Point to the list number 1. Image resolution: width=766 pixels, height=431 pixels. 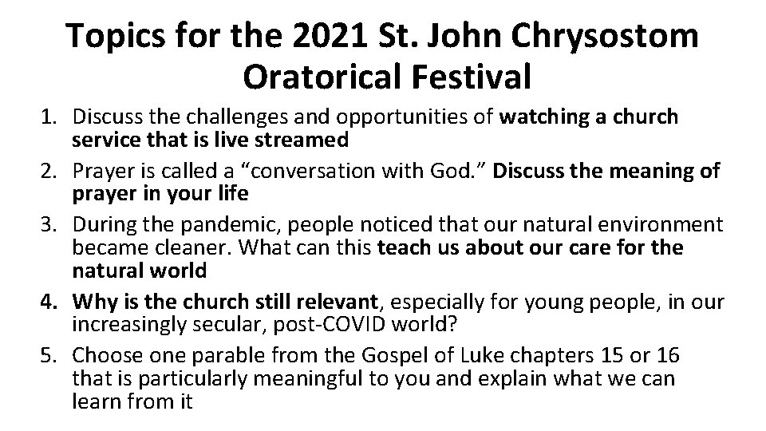click(49, 117)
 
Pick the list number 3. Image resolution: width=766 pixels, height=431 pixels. click(49, 225)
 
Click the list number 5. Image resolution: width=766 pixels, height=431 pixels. click(49, 354)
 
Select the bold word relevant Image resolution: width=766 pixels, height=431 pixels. click(334, 302)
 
